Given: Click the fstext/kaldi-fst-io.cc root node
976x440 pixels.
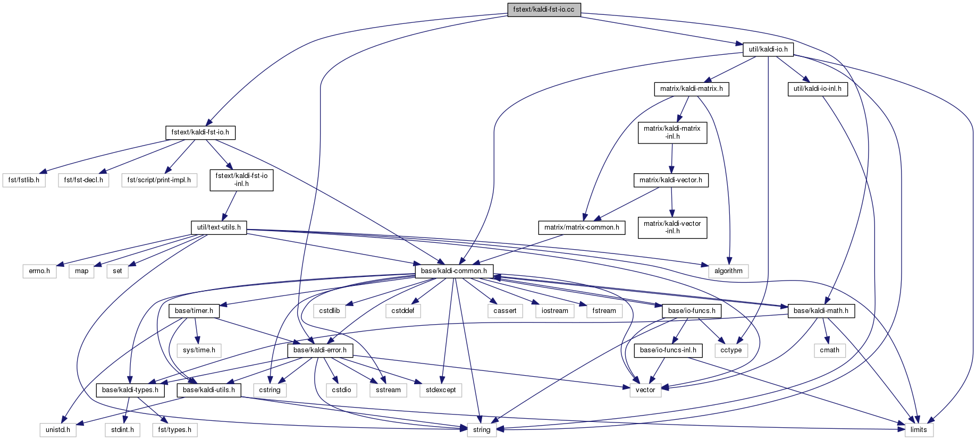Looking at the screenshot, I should (x=543, y=10).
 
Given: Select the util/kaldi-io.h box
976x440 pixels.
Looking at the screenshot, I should (x=768, y=49).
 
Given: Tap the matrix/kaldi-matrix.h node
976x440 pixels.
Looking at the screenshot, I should (x=691, y=89).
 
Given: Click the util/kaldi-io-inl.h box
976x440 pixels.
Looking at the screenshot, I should (x=817, y=89).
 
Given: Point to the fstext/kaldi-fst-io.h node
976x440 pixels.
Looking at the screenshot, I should (x=200, y=132).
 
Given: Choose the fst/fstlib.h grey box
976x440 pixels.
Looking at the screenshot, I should (x=24, y=180).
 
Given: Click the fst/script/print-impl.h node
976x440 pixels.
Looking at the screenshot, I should (x=159, y=180).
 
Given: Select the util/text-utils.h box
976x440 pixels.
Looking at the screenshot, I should (x=218, y=227).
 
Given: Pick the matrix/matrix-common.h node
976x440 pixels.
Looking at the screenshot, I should (x=582, y=227).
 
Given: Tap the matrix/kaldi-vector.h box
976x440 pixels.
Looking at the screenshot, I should (x=670, y=180).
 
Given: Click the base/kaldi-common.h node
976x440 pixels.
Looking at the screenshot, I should (x=453, y=271).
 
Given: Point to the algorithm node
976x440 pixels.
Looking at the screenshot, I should (x=728, y=271).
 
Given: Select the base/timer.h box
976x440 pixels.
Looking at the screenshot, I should (x=193, y=311).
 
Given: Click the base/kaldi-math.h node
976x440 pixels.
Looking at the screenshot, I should (x=820, y=311).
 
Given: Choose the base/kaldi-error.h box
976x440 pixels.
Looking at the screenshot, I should (x=319, y=350).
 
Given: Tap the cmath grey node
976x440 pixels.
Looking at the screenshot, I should (x=829, y=350).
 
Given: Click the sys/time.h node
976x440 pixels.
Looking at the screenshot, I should (x=199, y=350).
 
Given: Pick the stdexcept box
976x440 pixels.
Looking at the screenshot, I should (x=441, y=390).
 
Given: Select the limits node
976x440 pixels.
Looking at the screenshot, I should (x=918, y=430).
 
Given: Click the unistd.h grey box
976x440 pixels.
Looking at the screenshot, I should (x=57, y=430).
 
